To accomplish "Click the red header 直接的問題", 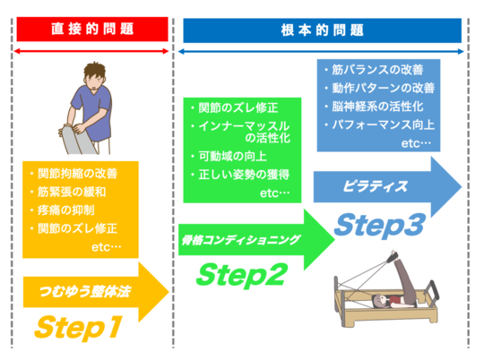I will (x=92, y=29).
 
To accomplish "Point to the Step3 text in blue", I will (x=378, y=225).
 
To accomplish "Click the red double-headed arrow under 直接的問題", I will (x=92, y=51).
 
